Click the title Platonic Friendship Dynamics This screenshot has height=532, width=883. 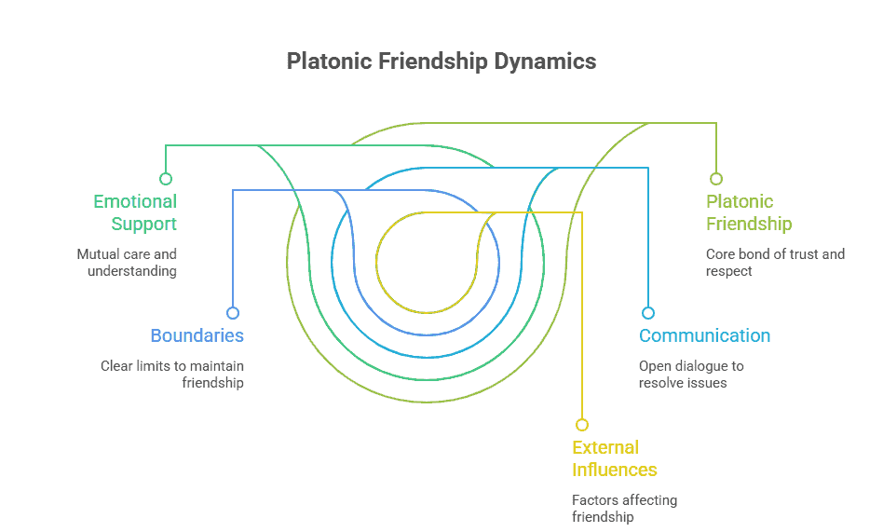tap(441, 61)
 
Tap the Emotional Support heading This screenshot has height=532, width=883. tap(135, 212)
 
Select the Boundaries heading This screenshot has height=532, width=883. tap(197, 335)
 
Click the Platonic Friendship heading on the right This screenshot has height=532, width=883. tap(749, 212)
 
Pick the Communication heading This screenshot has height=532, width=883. tap(704, 335)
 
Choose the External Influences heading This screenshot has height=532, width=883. tap(615, 458)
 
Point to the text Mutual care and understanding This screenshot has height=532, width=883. tap(127, 262)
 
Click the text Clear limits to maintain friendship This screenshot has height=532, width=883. tap(172, 374)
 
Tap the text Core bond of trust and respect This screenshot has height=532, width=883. tap(775, 262)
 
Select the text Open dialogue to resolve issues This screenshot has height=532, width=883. tap(691, 374)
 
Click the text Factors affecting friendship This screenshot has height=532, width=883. tap(624, 508)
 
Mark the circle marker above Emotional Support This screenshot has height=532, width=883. tap(166, 179)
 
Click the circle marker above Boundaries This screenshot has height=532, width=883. tap(233, 313)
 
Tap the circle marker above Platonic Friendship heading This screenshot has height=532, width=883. tap(715, 179)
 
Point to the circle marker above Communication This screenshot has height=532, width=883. tap(648, 313)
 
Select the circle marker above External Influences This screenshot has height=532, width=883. tap(582, 425)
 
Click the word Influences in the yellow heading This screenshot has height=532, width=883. tap(615, 470)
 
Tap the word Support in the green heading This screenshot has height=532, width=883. tap(144, 224)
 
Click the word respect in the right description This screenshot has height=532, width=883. tap(728, 271)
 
